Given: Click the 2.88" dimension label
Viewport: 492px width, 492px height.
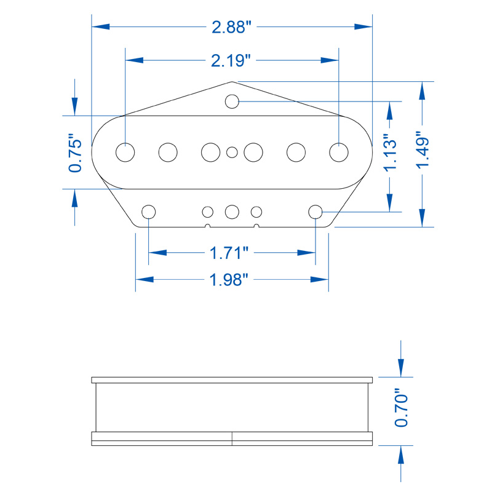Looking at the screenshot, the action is (232, 27).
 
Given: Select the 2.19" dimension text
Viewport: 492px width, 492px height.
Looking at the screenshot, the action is (231, 60).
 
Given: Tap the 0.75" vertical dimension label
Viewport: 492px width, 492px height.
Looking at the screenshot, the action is (75, 153).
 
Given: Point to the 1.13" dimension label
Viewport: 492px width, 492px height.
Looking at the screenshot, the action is (391, 153).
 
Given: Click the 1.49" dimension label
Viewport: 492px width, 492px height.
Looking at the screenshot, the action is (423, 149).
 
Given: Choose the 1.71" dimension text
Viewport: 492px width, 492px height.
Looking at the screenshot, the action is (229, 253).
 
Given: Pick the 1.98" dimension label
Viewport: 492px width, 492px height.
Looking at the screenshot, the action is (229, 280).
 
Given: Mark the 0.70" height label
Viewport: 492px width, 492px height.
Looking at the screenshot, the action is (401, 408).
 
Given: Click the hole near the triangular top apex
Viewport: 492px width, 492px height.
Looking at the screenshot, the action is (232, 101).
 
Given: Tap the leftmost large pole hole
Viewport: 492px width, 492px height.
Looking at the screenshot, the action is (125, 152).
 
